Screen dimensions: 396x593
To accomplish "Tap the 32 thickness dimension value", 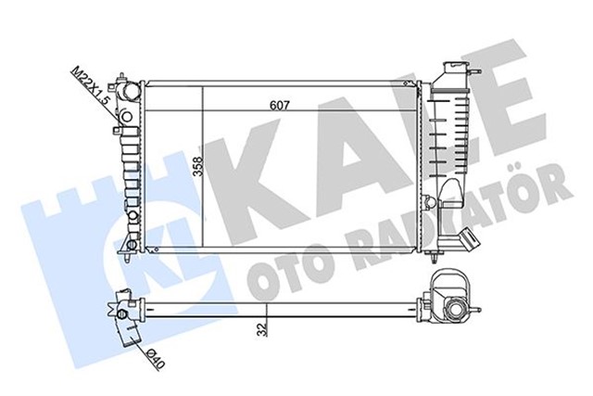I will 265,326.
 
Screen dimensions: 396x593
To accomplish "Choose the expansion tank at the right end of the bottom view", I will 455,307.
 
